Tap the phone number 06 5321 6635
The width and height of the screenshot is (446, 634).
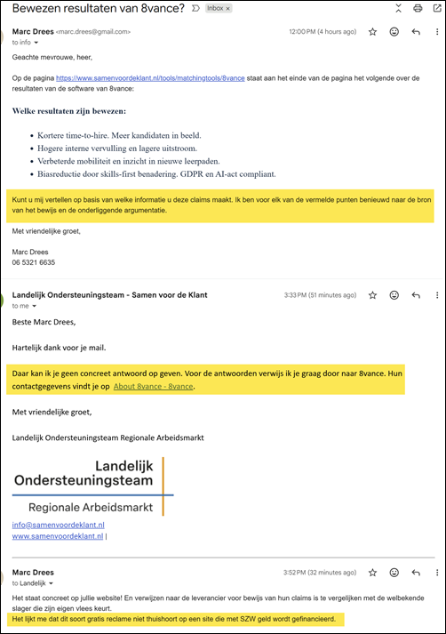34,263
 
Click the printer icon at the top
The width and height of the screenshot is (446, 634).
418,9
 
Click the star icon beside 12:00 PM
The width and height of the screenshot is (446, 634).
372,31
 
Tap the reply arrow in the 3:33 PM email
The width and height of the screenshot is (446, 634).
416,293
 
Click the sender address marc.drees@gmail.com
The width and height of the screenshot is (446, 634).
93,32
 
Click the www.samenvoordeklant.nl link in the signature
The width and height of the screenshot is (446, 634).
58,537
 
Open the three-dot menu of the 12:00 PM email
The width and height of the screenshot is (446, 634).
436,31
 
